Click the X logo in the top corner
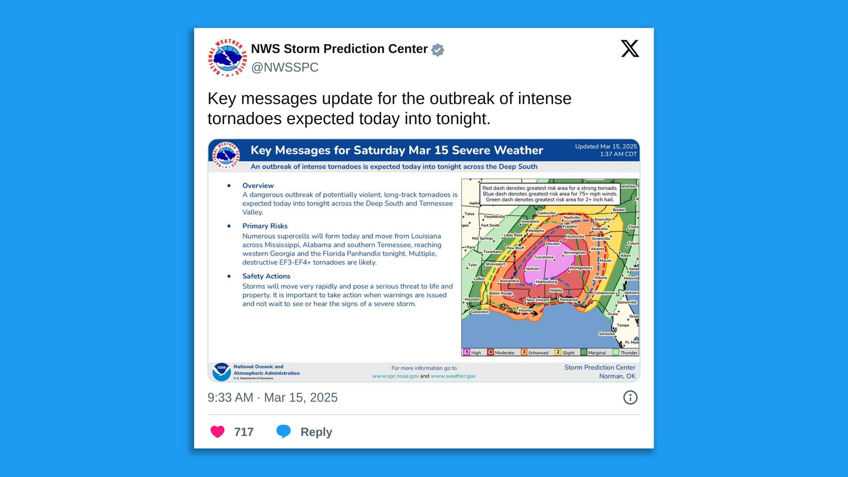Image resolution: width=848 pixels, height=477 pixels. [630, 49]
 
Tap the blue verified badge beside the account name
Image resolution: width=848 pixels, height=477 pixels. [437, 50]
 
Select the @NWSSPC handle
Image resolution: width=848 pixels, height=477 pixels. [284, 67]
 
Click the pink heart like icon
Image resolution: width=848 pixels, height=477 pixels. [217, 432]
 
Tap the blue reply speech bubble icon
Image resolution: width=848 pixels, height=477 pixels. [284, 431]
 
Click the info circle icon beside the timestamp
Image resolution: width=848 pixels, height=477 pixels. [630, 397]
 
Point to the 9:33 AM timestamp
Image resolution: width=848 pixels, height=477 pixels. [230, 397]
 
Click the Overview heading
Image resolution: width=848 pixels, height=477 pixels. [258, 185]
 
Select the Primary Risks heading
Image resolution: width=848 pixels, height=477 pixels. [265, 226]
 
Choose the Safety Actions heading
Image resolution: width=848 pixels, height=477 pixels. [266, 276]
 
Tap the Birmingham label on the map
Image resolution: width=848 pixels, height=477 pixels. [575, 253]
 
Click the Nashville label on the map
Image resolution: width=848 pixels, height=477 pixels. [572, 217]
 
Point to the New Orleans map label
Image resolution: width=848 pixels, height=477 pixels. [538, 300]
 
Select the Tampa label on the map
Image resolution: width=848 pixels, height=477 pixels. [623, 325]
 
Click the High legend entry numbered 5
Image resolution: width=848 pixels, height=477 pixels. [472, 352]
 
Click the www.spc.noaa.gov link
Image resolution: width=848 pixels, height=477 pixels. [395, 376]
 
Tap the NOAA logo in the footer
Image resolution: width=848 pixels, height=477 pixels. [221, 372]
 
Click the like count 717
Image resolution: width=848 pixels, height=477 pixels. [244, 432]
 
